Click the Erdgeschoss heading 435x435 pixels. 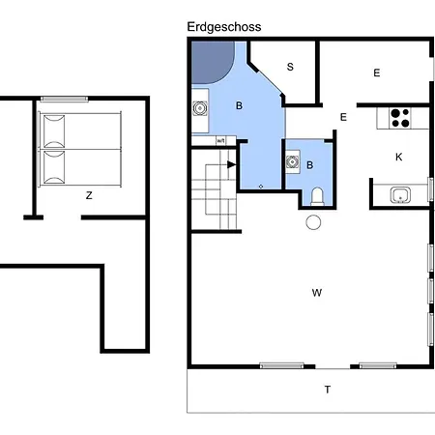224,27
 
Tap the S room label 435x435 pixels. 290,67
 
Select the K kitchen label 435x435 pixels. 398,157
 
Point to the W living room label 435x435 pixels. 317,293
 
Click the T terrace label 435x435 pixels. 328,390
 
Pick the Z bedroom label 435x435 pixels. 89,195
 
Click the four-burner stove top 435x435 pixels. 400,118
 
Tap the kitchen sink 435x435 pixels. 400,195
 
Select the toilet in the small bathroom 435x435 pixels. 317,196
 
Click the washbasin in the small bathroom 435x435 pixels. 293,161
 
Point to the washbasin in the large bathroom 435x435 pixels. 200,108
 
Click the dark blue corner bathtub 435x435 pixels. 213,63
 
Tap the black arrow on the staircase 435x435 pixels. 232,164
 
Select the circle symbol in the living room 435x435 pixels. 313,222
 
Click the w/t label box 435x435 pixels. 221,141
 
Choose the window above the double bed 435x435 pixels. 64,99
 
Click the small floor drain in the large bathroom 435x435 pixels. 261,187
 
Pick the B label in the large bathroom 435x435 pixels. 239,105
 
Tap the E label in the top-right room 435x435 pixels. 377,72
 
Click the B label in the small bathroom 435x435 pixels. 309,165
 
